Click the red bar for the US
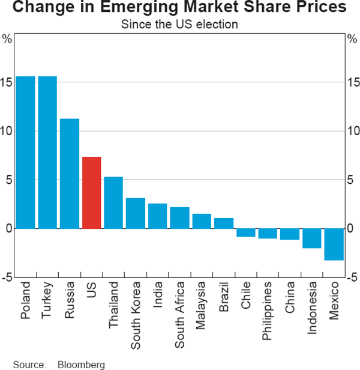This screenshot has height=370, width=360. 91,192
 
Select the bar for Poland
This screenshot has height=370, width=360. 25,153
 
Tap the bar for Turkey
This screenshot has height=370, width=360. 47,153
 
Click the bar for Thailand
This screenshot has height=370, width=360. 113,202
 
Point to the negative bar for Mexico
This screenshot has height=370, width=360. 333,244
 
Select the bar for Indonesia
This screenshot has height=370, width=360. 311,238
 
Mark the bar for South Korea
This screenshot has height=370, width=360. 136,213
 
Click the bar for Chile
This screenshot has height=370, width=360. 245,232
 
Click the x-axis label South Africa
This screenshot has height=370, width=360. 179,314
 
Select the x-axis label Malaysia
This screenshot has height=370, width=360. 202,308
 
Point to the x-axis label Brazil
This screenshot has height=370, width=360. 223,300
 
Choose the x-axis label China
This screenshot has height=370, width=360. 289,300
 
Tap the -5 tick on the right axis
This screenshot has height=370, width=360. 353,277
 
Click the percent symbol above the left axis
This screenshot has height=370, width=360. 7,39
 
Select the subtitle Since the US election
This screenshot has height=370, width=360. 179,25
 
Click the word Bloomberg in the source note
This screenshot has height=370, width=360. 81,364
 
